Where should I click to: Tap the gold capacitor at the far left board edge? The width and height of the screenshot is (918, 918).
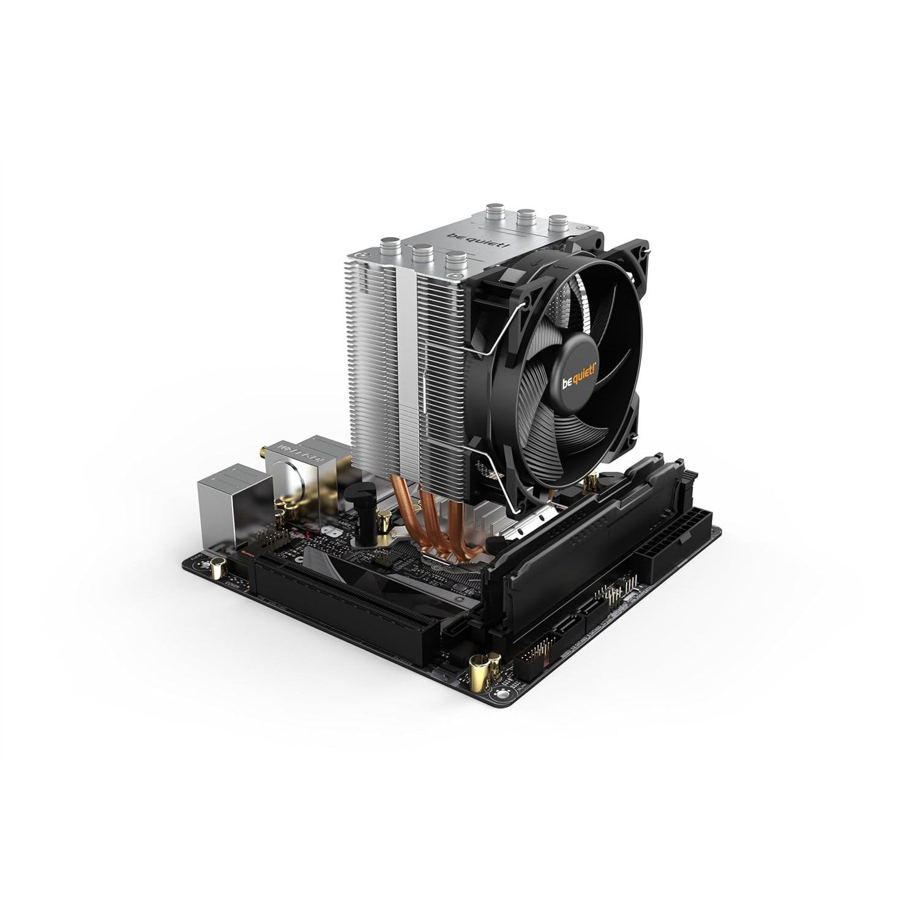click(x=216, y=569)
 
